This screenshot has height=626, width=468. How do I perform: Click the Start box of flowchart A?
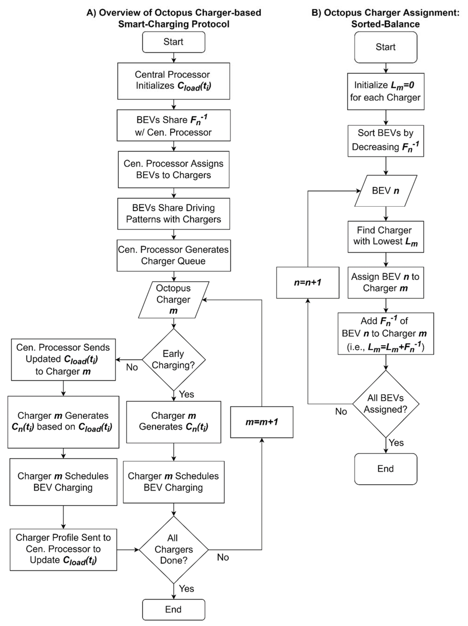point(173,42)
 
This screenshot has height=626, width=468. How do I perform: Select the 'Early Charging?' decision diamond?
point(173,359)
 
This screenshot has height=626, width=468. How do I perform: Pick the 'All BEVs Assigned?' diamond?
point(385,404)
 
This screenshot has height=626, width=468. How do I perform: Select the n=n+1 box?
point(308,282)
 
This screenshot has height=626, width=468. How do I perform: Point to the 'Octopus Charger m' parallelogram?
point(173,299)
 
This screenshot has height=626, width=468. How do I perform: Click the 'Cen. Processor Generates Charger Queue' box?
point(173,255)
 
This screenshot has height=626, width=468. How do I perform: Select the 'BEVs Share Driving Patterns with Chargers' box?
point(173,214)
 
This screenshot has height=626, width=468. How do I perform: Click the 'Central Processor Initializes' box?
point(173,81)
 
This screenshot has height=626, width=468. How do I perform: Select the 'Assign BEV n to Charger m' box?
point(385,282)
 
